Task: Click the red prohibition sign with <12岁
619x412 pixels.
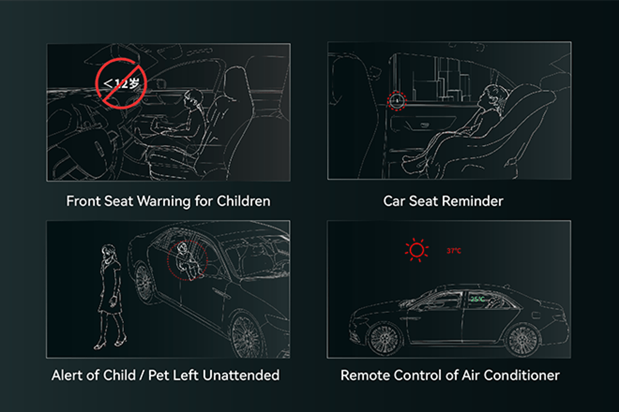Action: click(120, 83)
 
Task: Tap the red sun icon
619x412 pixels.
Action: click(416, 249)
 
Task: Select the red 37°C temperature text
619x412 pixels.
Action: click(453, 251)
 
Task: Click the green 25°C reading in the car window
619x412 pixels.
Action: click(478, 298)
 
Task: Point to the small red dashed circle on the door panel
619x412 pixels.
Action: click(397, 101)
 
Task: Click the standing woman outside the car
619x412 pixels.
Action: click(110, 296)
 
